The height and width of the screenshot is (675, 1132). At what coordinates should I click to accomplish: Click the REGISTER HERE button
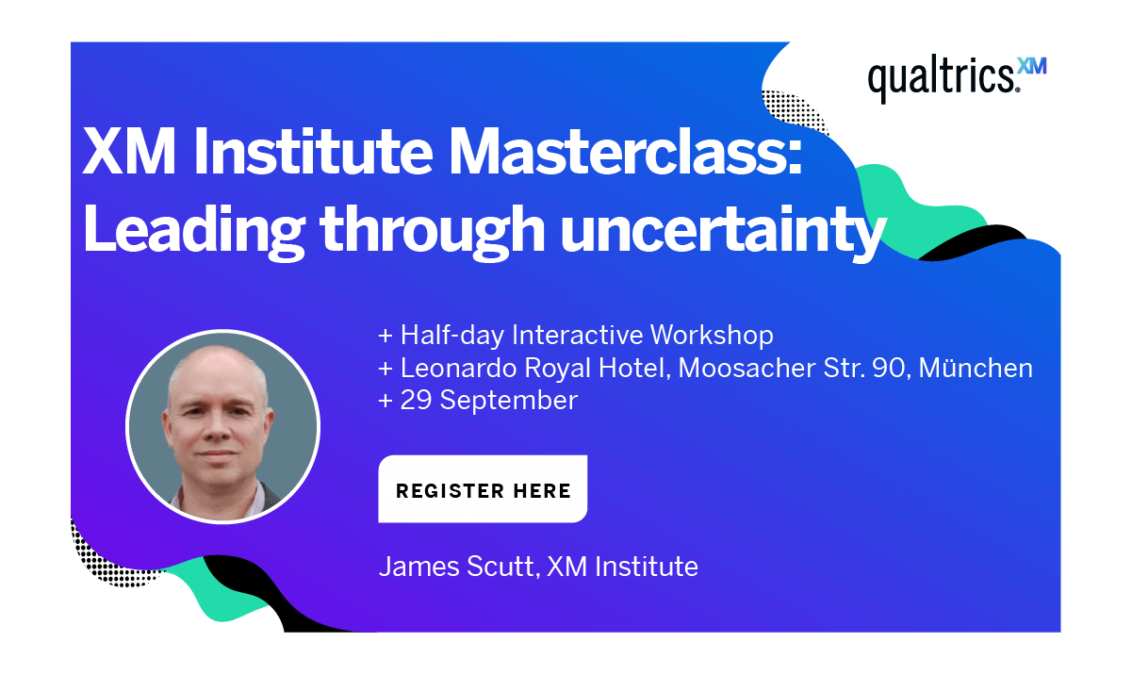[x=483, y=490]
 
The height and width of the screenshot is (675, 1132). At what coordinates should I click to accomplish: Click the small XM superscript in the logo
[x=1032, y=66]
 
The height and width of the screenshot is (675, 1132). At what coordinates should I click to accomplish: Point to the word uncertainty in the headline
[x=723, y=229]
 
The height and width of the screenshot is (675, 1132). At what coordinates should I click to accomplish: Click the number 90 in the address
[x=888, y=368]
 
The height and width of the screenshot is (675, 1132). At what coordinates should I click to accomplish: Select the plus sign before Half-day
[x=385, y=336]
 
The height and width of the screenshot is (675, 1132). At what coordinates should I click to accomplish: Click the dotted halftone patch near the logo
[x=792, y=113]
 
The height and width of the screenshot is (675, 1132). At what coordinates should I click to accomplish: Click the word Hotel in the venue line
[x=639, y=368]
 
